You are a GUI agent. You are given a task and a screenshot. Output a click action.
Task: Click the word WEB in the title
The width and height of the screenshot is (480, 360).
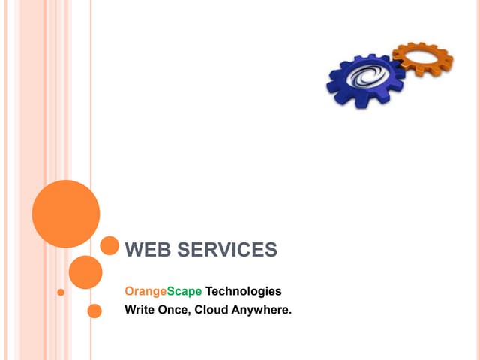[148, 249]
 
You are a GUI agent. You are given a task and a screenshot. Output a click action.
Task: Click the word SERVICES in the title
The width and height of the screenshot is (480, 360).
[227, 249]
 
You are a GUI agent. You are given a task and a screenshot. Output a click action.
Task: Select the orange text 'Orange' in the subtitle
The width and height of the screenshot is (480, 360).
[145, 292]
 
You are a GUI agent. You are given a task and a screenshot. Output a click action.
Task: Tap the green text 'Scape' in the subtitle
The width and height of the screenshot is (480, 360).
[184, 292]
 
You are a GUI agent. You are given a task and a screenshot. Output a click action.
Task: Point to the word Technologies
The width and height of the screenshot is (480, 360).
[243, 291]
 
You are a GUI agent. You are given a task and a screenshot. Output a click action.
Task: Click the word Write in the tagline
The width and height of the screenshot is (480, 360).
[139, 310]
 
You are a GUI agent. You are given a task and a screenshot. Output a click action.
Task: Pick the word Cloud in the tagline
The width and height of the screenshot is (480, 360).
[211, 310]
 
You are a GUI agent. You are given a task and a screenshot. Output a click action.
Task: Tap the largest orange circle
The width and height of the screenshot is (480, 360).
[66, 214]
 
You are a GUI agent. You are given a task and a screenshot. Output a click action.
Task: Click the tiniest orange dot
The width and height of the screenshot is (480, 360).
[61, 292]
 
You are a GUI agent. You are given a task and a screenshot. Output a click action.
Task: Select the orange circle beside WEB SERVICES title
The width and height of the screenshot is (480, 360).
[109, 245]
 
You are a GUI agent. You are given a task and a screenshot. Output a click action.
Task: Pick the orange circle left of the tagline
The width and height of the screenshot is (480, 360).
[94, 311]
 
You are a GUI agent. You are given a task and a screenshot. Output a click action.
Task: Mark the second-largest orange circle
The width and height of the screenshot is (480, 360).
[85, 272]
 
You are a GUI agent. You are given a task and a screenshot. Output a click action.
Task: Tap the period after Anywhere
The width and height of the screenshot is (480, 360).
[290, 313]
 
